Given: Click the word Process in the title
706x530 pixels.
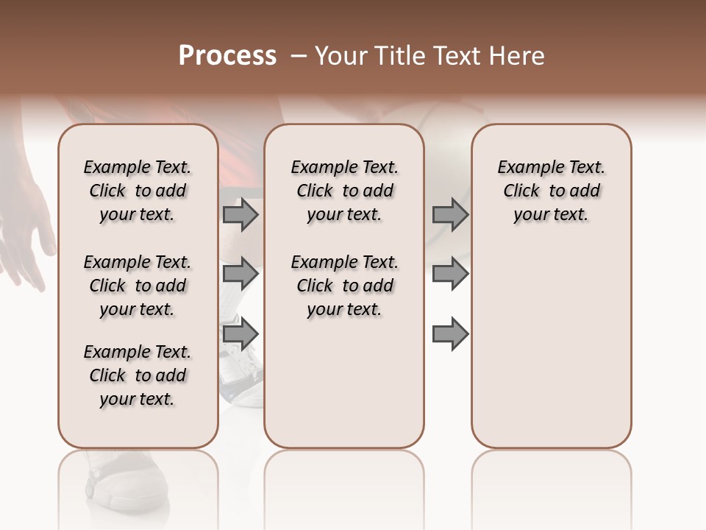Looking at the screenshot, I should pyautogui.click(x=227, y=56).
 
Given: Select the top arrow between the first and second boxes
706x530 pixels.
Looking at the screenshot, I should pyautogui.click(x=240, y=214).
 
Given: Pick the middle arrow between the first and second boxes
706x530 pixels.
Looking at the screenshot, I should pyautogui.click(x=240, y=274).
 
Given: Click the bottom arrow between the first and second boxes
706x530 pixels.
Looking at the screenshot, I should pyautogui.click(x=240, y=333).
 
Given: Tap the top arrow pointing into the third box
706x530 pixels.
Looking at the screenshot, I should pyautogui.click(x=450, y=214).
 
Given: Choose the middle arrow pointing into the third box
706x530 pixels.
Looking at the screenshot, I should pyautogui.click(x=450, y=274).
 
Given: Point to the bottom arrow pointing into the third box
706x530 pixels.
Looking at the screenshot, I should pyautogui.click(x=450, y=333).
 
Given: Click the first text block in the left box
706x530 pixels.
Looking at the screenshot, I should pyautogui.click(x=138, y=191).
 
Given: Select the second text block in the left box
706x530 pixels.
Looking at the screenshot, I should pyautogui.click(x=138, y=286).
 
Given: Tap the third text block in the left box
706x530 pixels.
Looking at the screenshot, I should pyautogui.click(x=138, y=375).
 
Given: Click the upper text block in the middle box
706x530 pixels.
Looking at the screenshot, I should pyautogui.click(x=344, y=191).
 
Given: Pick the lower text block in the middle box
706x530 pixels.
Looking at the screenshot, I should pyautogui.click(x=344, y=286).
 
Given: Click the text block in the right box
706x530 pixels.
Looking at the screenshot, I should pyautogui.click(x=552, y=191).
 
